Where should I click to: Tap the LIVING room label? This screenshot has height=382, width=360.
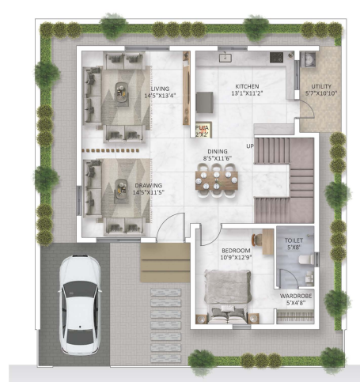pos(159,89)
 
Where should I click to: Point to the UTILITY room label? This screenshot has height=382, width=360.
pos(322,86)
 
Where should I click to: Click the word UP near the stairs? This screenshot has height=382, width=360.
pos(249,146)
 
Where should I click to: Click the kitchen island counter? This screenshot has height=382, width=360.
pos(206,102)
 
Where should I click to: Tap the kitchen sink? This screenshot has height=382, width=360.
pos(226,57)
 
